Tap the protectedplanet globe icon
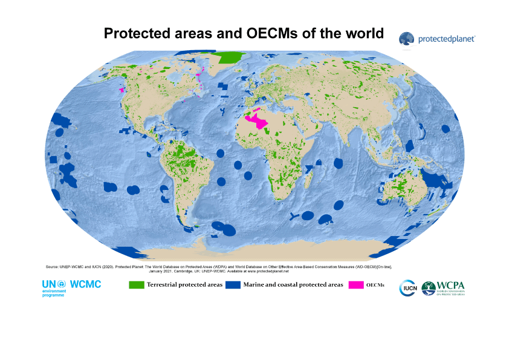click(x=406, y=39)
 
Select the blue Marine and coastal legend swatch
click(x=233, y=284)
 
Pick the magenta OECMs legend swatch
click(x=357, y=284)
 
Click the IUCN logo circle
click(x=407, y=289)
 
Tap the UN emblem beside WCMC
click(x=60, y=284)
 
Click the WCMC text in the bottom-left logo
click(x=85, y=284)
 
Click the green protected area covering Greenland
click(x=230, y=58)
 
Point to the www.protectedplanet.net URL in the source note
click(x=264, y=272)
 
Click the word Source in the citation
click(x=52, y=266)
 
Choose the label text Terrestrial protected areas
click(x=184, y=284)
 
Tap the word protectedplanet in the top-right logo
click(x=447, y=39)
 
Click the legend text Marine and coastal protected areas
click(x=293, y=284)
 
